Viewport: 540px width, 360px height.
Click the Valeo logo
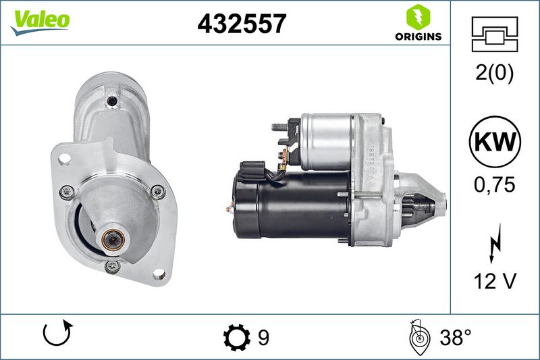coord(40,22)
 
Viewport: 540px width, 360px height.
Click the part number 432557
coord(242,24)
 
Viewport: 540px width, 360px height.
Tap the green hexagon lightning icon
coord(418,17)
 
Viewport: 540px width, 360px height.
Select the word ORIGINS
coord(418,36)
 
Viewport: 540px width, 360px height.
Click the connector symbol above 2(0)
coord(495,34)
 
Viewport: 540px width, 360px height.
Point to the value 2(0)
coord(494,73)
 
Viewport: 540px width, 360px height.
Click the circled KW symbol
coord(495,142)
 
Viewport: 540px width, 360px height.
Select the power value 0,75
coord(495,184)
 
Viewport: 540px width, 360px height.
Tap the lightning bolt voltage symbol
coord(495,244)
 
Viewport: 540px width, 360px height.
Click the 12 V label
coord(495,281)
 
